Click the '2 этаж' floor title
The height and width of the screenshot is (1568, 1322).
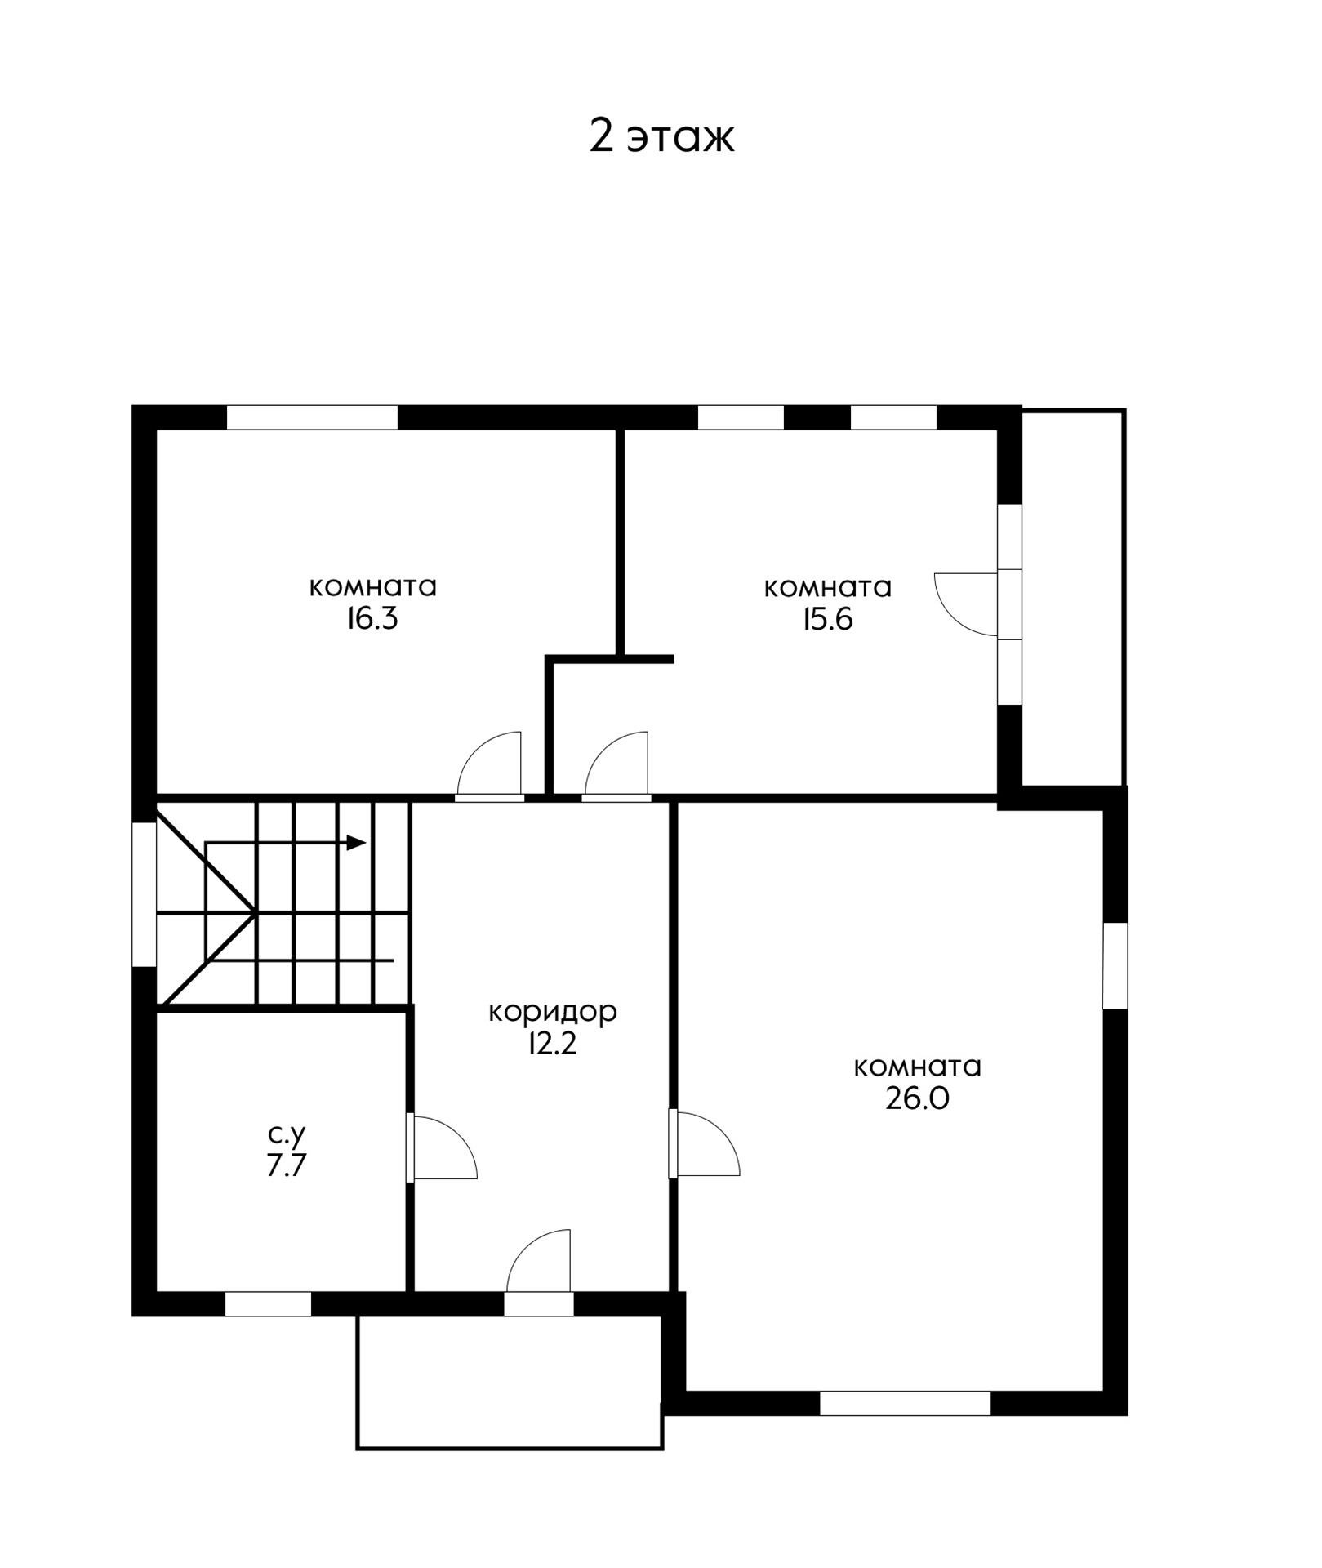[661, 136]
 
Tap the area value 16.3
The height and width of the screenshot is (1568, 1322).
[372, 619]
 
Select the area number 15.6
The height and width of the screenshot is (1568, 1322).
[827, 620]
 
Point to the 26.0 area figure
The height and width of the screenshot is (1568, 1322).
[917, 1099]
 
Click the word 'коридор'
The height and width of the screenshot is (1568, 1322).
[553, 1013]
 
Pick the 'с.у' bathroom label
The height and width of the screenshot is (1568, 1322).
[286, 1134]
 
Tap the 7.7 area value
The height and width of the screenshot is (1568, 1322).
[286, 1165]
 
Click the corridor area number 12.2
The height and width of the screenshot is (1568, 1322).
[553, 1044]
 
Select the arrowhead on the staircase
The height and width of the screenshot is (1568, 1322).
[357, 843]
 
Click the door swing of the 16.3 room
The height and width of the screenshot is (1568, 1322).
[490, 764]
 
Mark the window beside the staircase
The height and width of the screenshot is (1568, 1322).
[145, 894]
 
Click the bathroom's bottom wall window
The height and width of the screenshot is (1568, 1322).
[269, 1304]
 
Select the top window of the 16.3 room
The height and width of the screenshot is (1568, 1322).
[312, 417]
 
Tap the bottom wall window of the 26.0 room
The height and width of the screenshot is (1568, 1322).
[905, 1403]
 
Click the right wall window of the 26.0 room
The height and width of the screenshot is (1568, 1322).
[1115, 965]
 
